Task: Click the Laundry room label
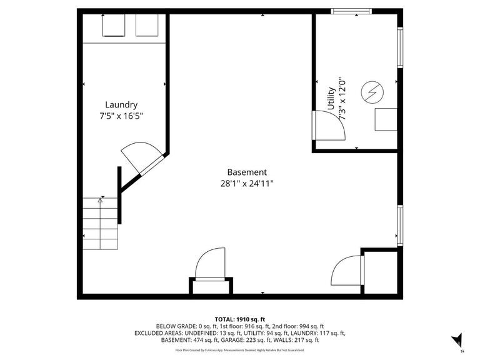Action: click(121, 105)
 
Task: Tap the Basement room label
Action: click(247, 172)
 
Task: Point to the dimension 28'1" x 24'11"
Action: click(247, 183)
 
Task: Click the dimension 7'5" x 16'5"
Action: click(121, 116)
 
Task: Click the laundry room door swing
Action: click(139, 157)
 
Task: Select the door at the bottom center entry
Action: click(210, 264)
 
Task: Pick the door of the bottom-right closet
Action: click(347, 270)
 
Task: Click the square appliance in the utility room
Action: click(385, 119)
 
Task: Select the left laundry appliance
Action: click(114, 26)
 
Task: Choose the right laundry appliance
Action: click(147, 26)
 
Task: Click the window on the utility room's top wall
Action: click(351, 11)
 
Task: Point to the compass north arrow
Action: click(458, 340)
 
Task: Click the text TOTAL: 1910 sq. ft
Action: click(240, 318)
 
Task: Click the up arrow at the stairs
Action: click(100, 201)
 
